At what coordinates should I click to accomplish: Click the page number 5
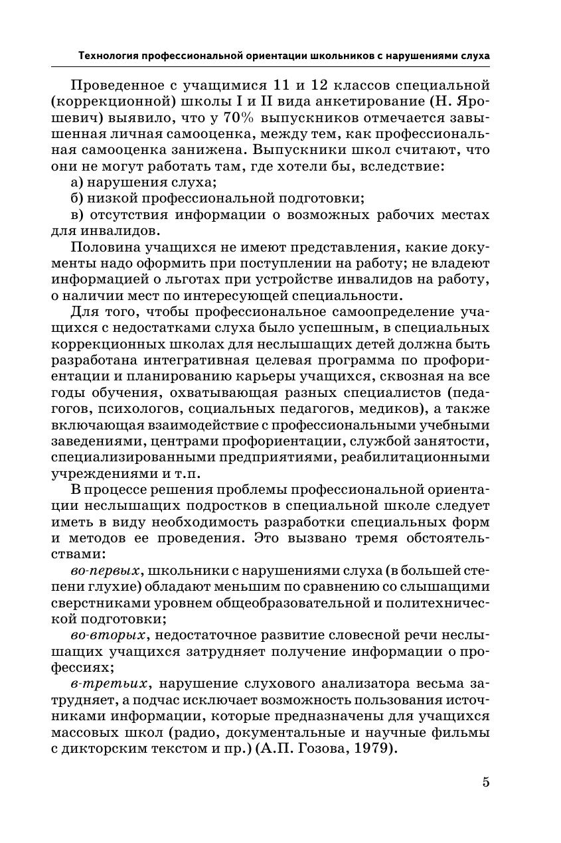point(485,782)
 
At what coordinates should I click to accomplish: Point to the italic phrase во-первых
point(104,570)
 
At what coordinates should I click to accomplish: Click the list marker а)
point(78,182)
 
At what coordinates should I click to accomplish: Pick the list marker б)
point(78,198)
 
